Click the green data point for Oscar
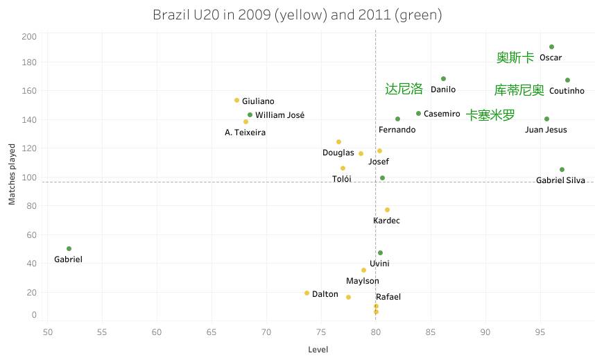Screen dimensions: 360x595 [x=551, y=47]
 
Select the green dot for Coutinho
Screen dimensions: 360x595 [x=567, y=80]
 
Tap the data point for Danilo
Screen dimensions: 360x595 [x=443, y=79]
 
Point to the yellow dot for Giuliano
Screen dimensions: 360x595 [x=236, y=101]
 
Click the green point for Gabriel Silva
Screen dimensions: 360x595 [x=562, y=170]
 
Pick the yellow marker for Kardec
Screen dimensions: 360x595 [x=387, y=210]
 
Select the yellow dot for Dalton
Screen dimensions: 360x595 [x=307, y=293]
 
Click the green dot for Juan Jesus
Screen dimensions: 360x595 [x=546, y=119]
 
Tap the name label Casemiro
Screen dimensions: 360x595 [x=442, y=114]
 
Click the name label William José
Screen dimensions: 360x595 [x=279, y=115]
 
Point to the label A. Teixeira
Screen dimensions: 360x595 [x=245, y=132]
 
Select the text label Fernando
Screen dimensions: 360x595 [x=397, y=130]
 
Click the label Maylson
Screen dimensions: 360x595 [x=363, y=281]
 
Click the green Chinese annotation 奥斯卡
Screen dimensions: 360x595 [x=515, y=58]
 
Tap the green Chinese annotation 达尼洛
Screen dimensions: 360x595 [x=404, y=89]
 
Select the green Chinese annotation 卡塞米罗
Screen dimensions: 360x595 [x=490, y=115]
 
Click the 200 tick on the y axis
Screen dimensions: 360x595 [x=29, y=37]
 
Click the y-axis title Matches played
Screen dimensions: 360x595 [x=12, y=175]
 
